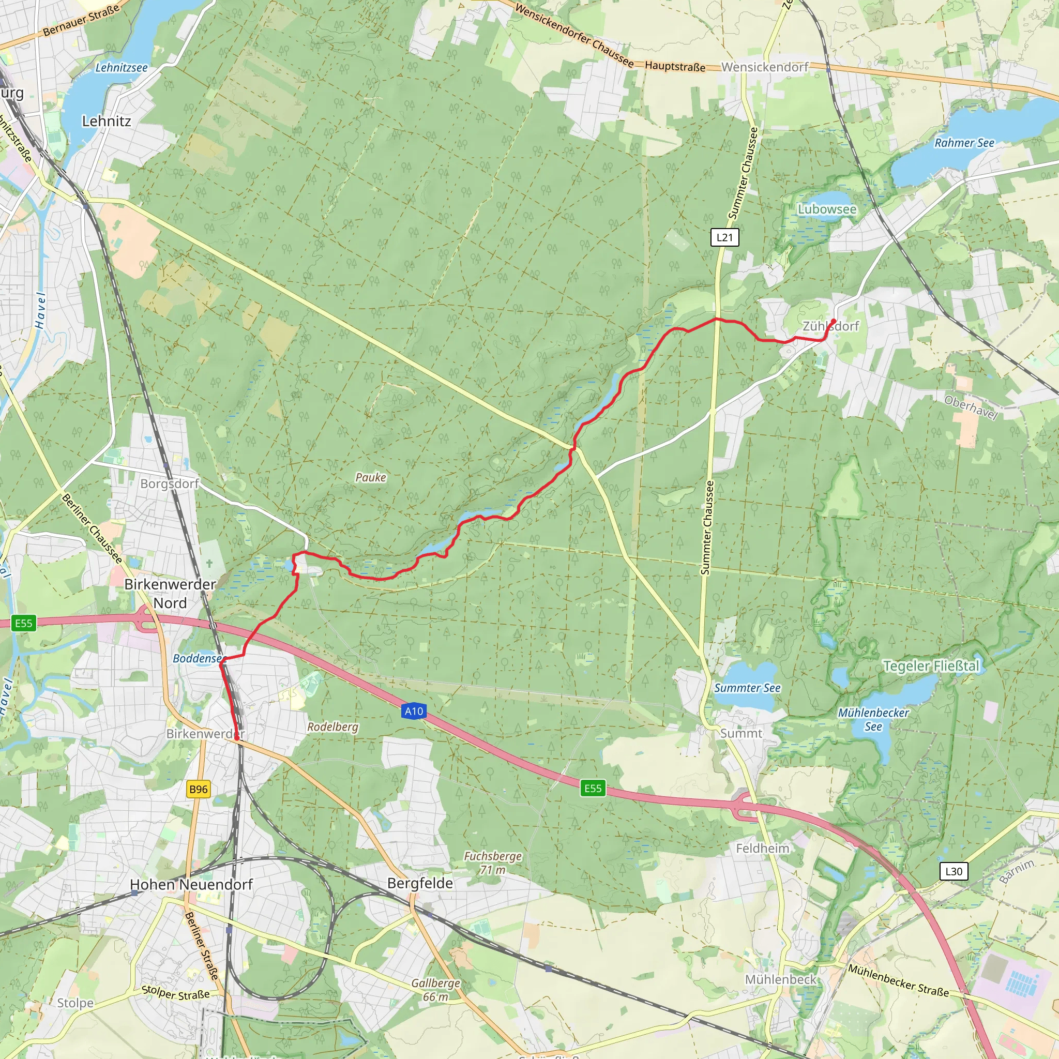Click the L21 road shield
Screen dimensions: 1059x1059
724,237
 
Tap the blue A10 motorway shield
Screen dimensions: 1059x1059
414,712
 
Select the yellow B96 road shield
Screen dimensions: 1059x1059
198,789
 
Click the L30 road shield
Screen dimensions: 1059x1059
954,871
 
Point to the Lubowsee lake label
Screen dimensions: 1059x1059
827,209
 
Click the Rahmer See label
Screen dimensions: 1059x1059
964,143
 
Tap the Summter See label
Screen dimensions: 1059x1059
747,688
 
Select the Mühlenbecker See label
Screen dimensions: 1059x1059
873,720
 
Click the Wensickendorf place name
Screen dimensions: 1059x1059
765,67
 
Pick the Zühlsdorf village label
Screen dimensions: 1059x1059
830,326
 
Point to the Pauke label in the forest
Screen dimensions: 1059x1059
371,477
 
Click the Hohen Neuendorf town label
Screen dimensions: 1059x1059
191,885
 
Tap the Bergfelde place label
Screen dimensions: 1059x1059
420,883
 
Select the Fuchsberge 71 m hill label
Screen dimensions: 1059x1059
493,863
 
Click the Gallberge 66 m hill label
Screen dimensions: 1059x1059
436,990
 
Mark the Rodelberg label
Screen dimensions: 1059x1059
332,727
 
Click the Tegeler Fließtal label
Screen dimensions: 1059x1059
931,666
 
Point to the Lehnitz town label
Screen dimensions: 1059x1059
107,121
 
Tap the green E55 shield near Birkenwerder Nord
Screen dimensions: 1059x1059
24,623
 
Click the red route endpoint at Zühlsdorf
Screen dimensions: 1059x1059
834,321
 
